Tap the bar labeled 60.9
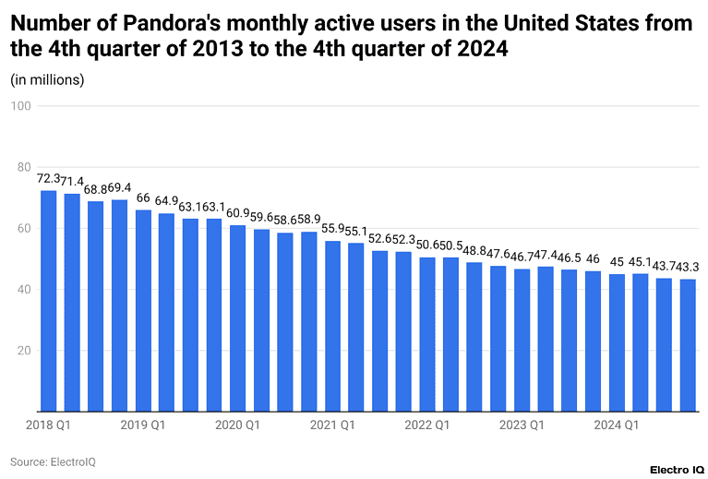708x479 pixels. pos(237,318)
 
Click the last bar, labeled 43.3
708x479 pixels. pos(687,345)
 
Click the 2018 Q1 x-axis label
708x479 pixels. pos(48,425)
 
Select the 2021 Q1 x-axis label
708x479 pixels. pos(332,425)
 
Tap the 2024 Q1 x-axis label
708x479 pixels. pos(616,425)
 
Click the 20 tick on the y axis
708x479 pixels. pos(24,351)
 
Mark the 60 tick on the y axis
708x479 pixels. pos(24,228)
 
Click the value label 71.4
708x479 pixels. pos(72,182)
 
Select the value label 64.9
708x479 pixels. pos(167,201)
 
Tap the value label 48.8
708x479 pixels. pos(474,250)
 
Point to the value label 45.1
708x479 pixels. pos(640,261)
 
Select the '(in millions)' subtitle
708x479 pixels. pos(47,79)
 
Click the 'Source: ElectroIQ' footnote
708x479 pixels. pos(53,461)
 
